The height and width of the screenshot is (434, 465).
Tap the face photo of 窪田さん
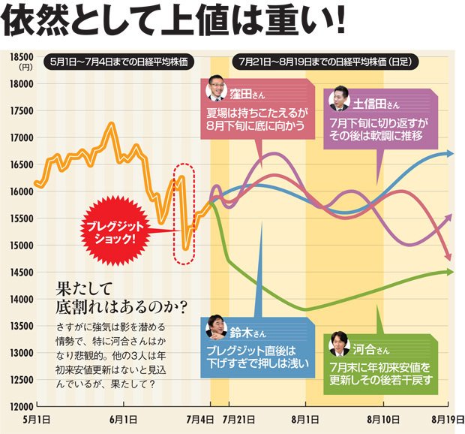click(216, 89)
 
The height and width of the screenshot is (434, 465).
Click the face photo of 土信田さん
click(338, 99)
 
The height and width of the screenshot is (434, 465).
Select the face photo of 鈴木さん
click(216, 327)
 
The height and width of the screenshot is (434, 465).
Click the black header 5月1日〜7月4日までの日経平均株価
click(118, 61)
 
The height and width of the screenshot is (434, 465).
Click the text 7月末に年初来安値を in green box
click(380, 367)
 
